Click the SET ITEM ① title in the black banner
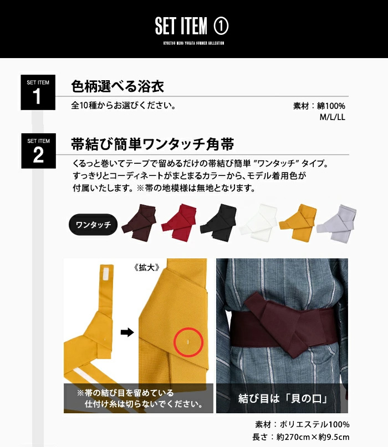click(x=192, y=26)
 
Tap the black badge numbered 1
click(x=38, y=92)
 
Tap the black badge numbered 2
click(x=39, y=151)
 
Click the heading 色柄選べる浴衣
click(x=118, y=86)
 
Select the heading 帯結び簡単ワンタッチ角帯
click(x=152, y=144)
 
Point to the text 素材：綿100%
click(x=319, y=106)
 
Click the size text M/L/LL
click(x=332, y=117)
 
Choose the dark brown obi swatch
click(x=139, y=222)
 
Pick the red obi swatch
click(x=179, y=222)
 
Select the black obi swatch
click(x=218, y=222)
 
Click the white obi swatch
click(x=258, y=222)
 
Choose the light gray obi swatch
click(x=336, y=223)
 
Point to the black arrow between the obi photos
click(x=127, y=332)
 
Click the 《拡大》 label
click(x=146, y=267)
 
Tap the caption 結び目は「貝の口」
click(x=283, y=398)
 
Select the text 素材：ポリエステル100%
click(x=302, y=424)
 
